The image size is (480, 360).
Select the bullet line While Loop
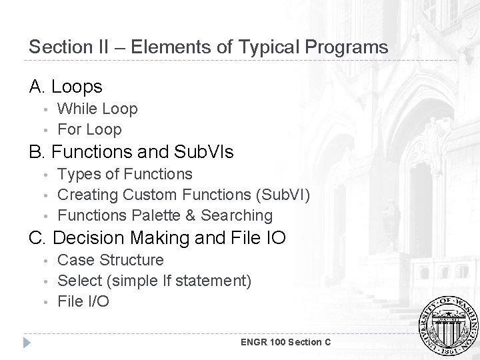[x=97, y=109]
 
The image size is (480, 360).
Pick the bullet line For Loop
[x=89, y=129]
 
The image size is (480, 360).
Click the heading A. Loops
[x=66, y=87]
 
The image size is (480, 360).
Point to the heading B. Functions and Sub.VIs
[x=131, y=152]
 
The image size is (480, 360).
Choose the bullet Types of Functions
[x=125, y=174]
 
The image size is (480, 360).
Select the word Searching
[x=237, y=215]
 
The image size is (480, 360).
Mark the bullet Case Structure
[x=111, y=259]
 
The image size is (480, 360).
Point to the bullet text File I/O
[x=83, y=301]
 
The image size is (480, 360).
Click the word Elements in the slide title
[x=164, y=47]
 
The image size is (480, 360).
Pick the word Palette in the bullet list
[x=157, y=215]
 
